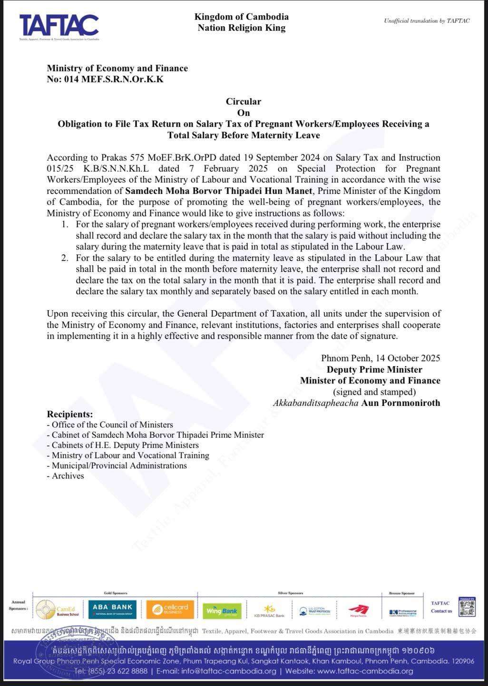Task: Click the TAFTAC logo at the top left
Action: [x=59, y=26]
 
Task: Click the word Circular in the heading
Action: [x=243, y=101]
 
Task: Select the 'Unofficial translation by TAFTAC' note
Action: [x=427, y=21]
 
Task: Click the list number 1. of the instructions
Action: [x=65, y=224]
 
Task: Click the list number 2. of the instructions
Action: [x=65, y=258]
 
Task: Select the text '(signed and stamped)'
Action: [x=374, y=392]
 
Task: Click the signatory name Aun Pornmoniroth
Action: [x=400, y=403]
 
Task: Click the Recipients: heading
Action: [x=69, y=414]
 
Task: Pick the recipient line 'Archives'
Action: [x=68, y=476]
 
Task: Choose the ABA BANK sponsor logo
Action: [x=112, y=609]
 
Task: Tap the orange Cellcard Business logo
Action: [x=170, y=609]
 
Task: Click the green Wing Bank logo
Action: [x=222, y=611]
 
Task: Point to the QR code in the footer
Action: [x=467, y=607]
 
